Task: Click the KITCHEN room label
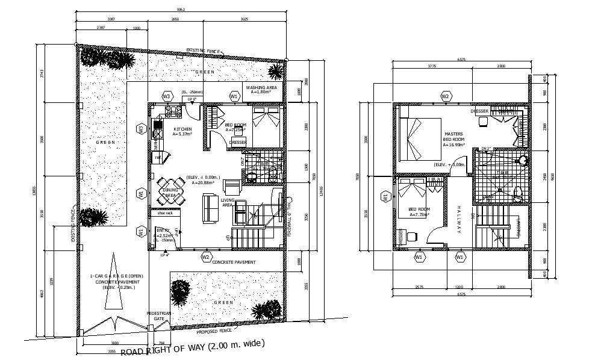182,129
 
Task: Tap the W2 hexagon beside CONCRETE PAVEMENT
206,258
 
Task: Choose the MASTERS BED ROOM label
453,139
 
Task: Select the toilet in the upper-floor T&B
517,192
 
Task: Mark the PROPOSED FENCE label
215,331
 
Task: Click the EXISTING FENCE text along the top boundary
205,51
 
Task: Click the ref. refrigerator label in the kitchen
158,158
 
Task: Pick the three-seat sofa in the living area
211,206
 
